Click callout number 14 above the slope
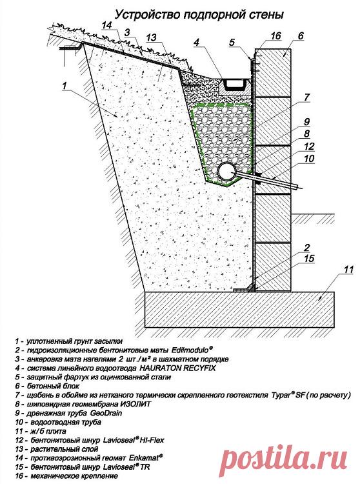pos(107,25)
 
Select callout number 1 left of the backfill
pos(64,85)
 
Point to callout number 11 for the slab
pos(348,270)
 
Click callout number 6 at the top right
pos(301,35)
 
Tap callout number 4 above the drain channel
pos(197,42)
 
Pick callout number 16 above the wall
pos(275,35)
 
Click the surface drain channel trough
pos(235,85)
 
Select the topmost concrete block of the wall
pos(274,72)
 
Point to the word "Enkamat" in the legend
pos(145,457)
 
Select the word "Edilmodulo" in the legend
pos(192,350)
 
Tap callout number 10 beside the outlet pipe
pos(309,158)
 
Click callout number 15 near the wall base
pos(309,258)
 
